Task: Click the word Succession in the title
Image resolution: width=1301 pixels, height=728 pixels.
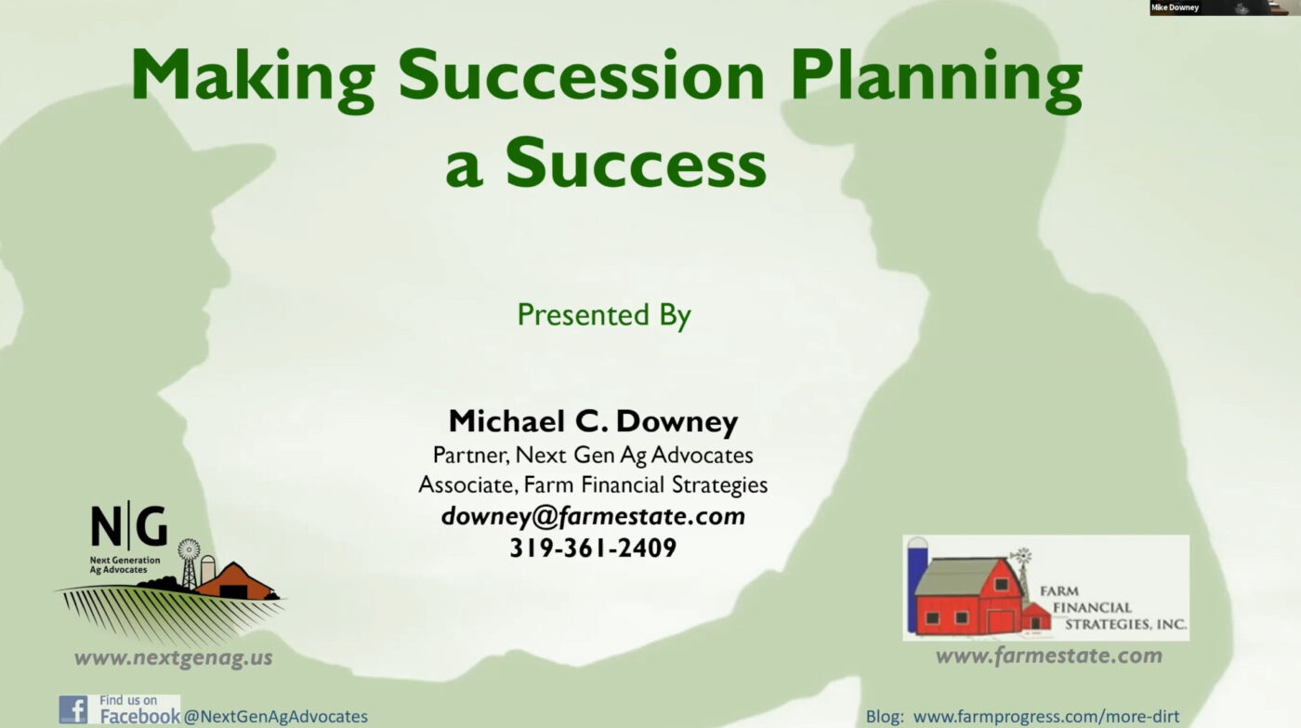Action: (581, 75)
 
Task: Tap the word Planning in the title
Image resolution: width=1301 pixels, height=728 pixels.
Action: (937, 80)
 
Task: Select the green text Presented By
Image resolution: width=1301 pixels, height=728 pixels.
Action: (604, 315)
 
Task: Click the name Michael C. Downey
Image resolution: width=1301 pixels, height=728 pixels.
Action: (593, 421)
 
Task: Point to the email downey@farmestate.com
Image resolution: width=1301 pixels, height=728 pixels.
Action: (593, 516)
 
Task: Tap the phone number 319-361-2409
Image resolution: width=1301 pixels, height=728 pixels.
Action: (593, 548)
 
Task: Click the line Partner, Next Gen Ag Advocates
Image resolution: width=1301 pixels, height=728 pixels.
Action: (593, 455)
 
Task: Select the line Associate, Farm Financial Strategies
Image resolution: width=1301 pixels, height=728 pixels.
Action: (593, 484)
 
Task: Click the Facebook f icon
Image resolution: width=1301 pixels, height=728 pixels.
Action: (73, 709)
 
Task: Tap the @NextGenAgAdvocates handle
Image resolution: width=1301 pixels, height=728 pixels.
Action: (276, 717)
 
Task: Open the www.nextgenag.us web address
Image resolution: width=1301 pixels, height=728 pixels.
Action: (173, 658)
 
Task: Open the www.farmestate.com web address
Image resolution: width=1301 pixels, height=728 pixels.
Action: (1049, 656)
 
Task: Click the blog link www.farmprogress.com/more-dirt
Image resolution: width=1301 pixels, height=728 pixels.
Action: (1046, 717)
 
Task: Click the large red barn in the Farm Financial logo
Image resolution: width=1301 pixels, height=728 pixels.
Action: (968, 596)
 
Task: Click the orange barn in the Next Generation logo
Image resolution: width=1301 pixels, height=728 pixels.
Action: (235, 581)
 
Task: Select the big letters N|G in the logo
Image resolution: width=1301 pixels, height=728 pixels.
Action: (129, 525)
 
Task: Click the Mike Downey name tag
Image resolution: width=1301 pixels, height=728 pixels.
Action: (1175, 7)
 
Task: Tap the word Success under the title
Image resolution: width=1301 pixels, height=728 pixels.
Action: (636, 163)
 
